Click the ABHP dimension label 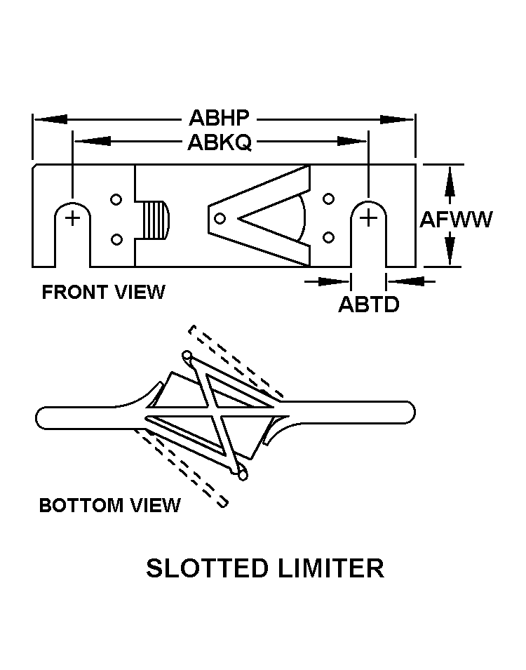coord(219,118)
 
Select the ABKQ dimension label coord(220,142)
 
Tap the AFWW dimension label coord(456,219)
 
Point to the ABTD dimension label coord(369,304)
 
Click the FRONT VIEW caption coord(103,293)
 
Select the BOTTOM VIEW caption coord(110,505)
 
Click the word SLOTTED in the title coord(206,568)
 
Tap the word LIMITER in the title coord(331,568)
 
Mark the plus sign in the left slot coord(73,219)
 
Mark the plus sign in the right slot coord(368,219)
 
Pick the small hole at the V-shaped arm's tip coord(220,219)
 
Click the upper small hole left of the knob coord(116,199)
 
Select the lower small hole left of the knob coord(116,239)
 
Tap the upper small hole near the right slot coord(328,199)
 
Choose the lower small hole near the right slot coord(328,237)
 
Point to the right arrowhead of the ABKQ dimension coord(352,141)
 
